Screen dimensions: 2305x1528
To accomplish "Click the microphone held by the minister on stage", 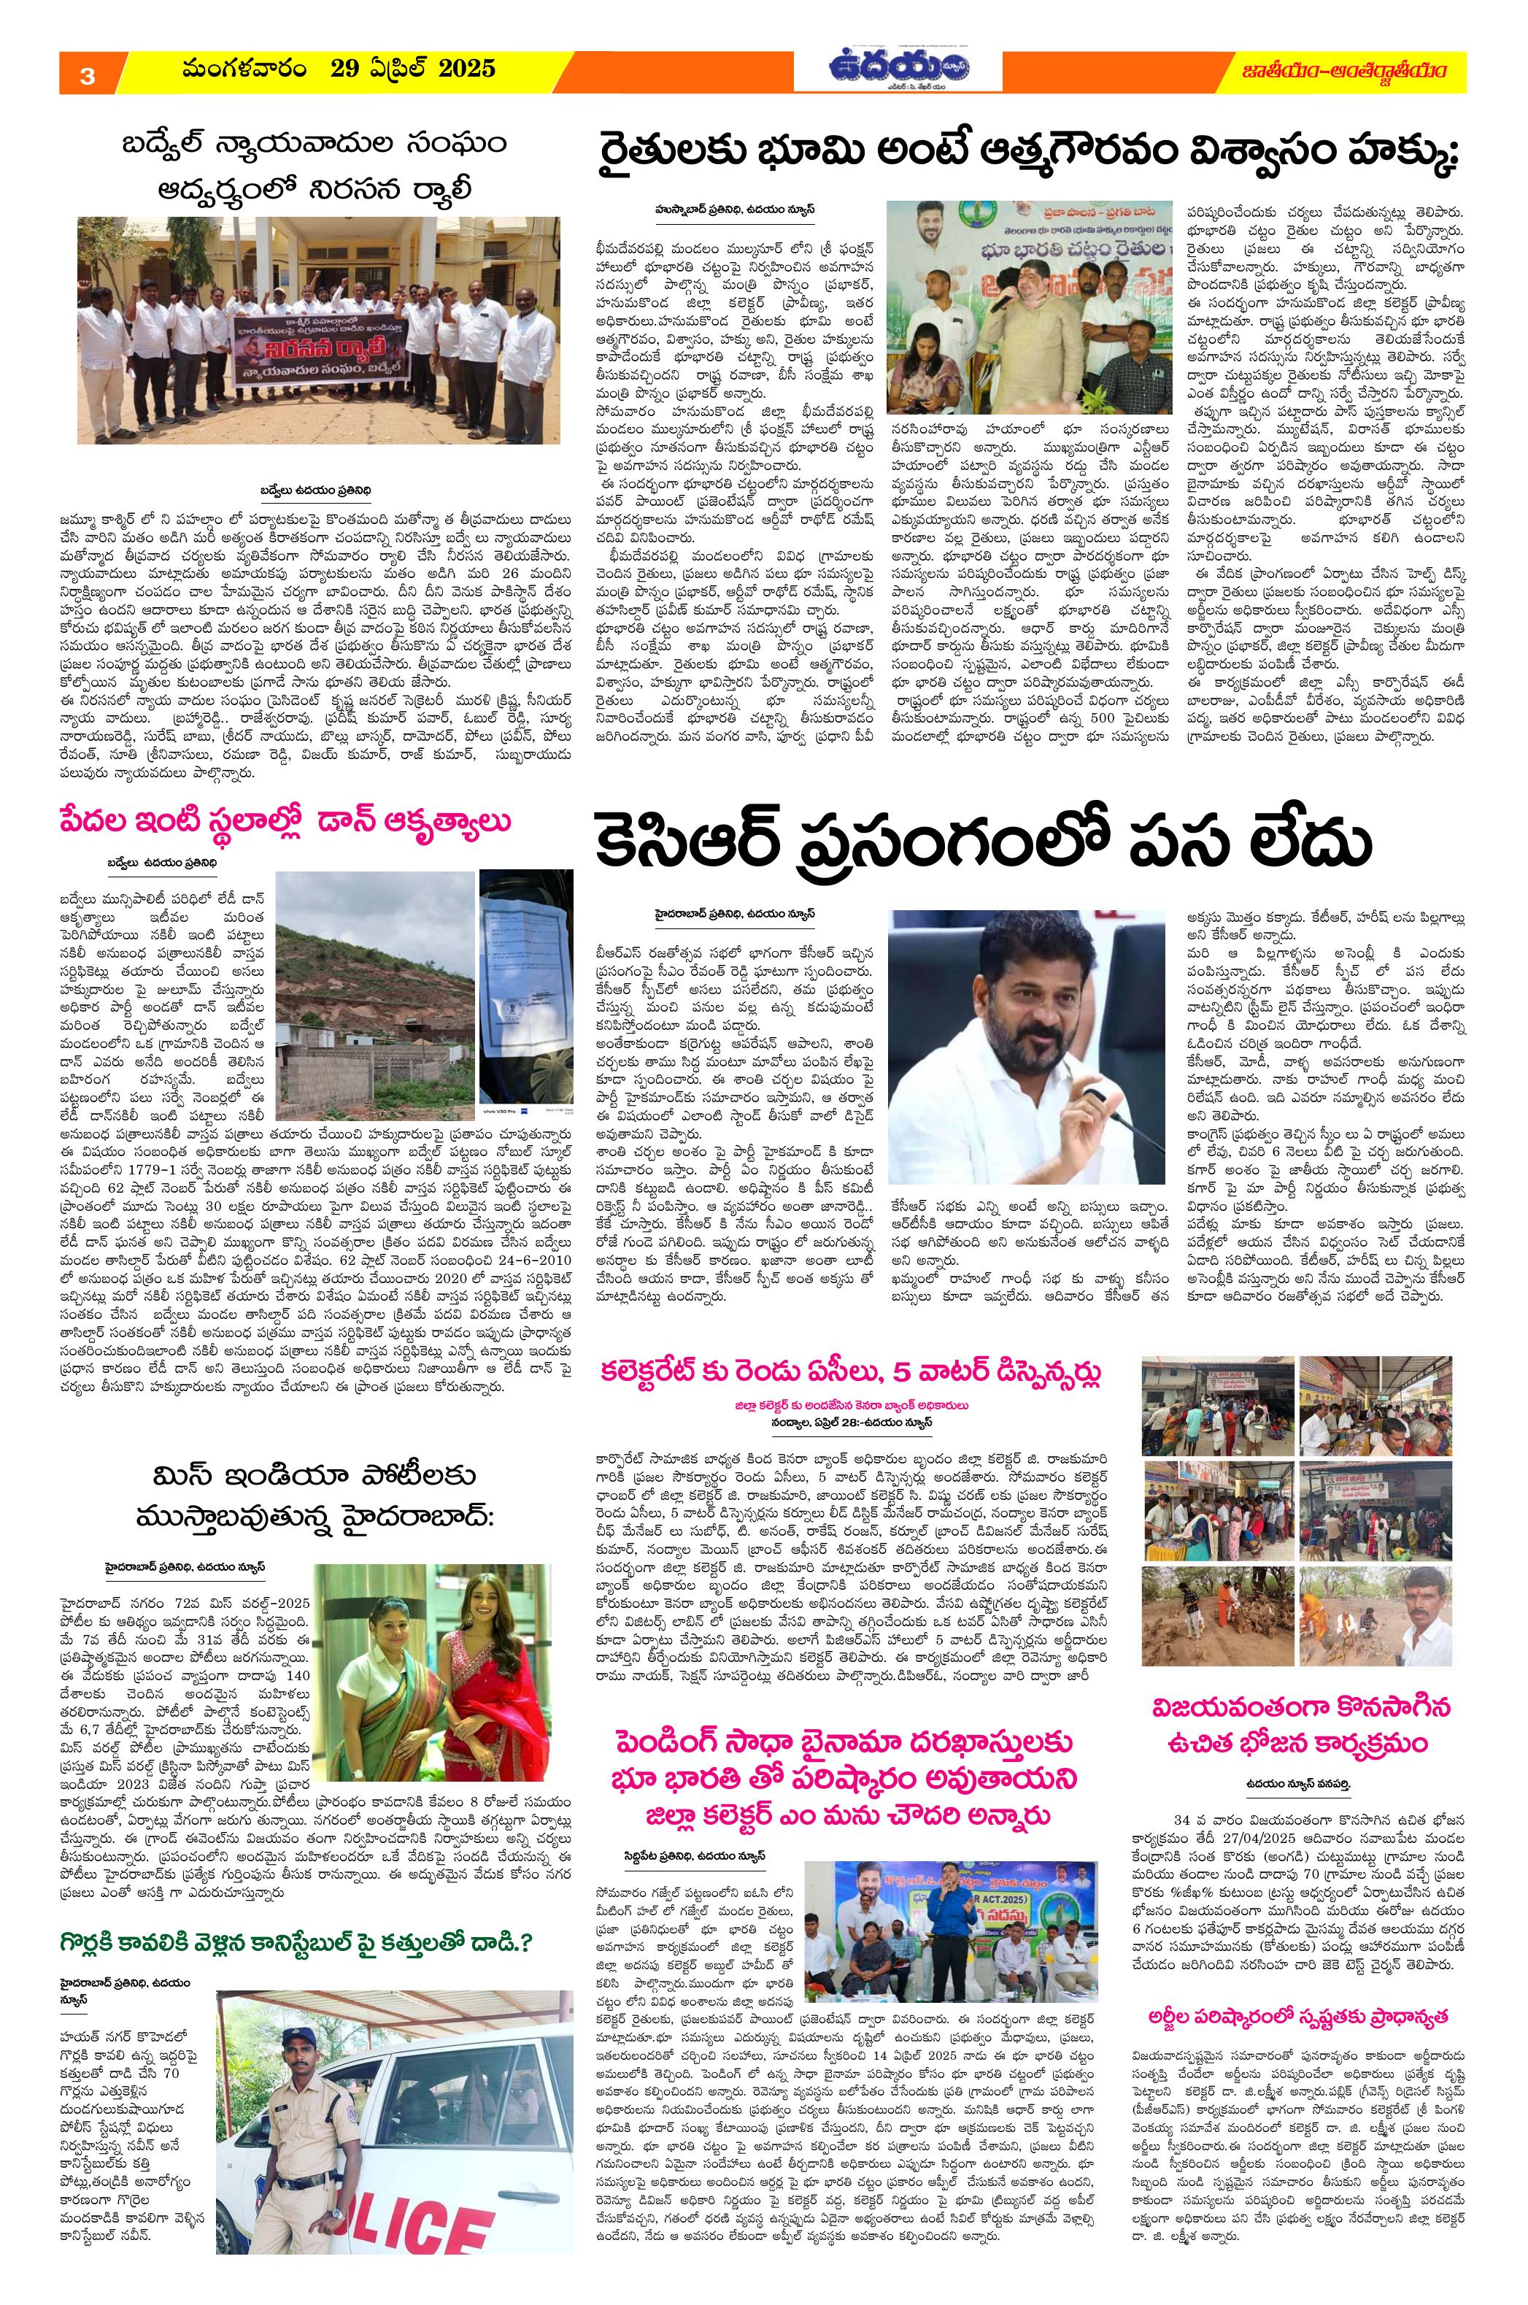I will click(1005, 302).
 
